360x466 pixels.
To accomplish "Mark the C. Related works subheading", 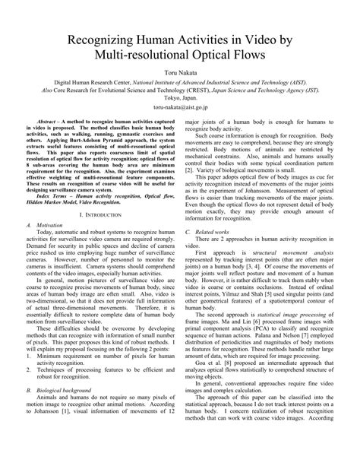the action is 215,231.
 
